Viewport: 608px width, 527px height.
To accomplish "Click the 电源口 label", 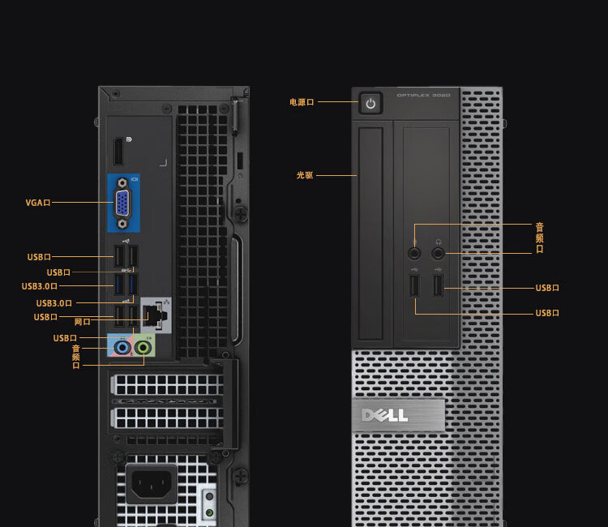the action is coord(301,102).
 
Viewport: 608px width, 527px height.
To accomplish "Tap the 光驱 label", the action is coord(304,174).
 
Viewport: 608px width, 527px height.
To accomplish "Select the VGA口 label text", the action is coord(38,202).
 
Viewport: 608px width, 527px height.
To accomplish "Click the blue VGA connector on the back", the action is coord(122,205).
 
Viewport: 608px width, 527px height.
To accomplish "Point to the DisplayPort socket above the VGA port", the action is coord(118,152).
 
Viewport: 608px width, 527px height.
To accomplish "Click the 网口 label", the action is coord(82,322).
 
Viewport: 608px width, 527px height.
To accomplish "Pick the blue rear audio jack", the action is coord(122,348).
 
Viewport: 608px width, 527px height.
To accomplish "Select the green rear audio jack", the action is coord(143,348).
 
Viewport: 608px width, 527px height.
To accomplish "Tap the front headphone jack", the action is coord(439,252).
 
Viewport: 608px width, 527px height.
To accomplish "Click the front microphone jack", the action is coord(414,252).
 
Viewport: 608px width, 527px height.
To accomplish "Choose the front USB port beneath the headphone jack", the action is coord(439,286).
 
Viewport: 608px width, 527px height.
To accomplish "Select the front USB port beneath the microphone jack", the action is coord(414,286).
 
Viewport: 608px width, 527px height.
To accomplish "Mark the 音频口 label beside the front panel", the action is coord(539,238).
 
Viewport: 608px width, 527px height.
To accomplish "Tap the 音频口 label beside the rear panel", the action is coord(76,357).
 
